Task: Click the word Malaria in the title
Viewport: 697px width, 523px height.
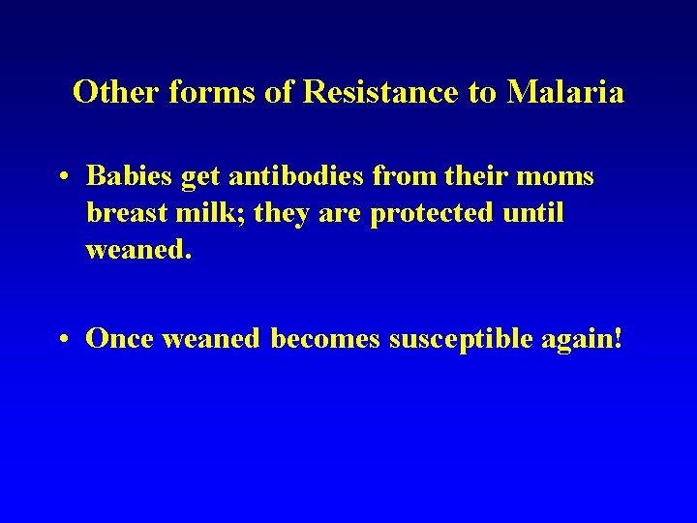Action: click(565, 93)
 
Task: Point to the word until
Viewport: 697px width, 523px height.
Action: click(533, 213)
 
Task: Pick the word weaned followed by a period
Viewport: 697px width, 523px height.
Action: click(139, 250)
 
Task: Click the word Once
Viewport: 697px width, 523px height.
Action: click(121, 338)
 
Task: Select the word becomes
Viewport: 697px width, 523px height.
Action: click(325, 338)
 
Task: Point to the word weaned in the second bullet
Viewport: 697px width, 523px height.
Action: click(212, 338)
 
